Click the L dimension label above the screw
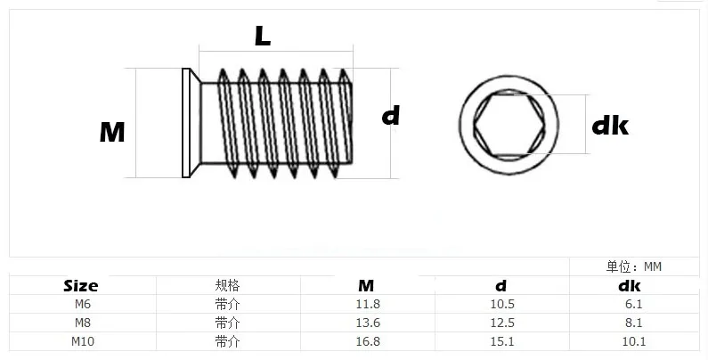263,37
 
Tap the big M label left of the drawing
112,133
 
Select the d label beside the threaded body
391,116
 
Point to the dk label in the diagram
610,125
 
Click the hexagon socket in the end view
509,124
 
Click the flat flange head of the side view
185,123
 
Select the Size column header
81,286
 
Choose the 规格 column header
227,285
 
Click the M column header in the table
366,286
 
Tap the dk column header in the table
630,286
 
